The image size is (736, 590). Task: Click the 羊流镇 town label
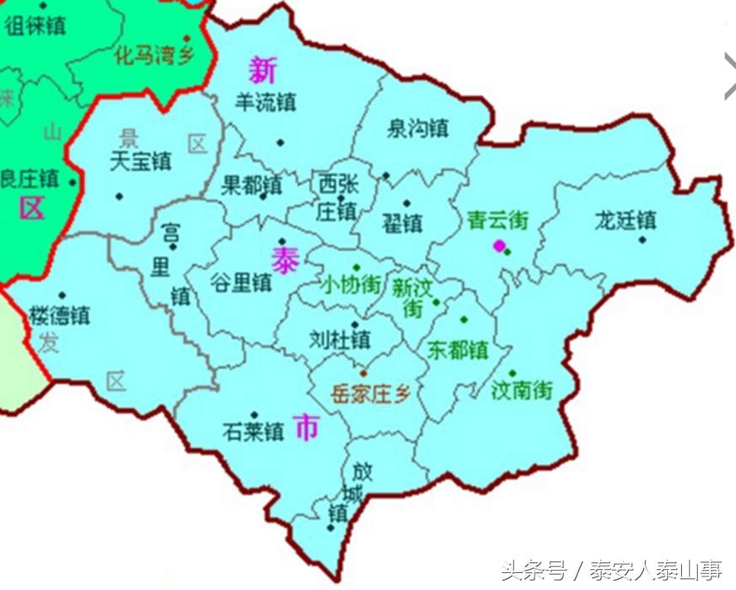coord(266,103)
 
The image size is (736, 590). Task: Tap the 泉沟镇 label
coord(417,129)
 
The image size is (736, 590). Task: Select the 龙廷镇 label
coord(626,221)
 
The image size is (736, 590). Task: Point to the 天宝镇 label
coord(141,160)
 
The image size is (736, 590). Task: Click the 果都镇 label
coord(251,184)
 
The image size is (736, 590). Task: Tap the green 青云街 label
coord(497,220)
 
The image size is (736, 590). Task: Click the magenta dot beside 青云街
coord(499,246)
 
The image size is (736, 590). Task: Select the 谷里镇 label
coord(240,282)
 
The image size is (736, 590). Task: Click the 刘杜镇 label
coord(340,339)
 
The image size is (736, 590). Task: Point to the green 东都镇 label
coord(458,349)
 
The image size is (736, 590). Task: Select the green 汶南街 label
coord(523,390)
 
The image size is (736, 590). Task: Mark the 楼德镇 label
coord(60,316)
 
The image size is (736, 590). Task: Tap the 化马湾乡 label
coord(154,56)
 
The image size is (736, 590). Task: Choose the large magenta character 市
coord(307,429)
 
